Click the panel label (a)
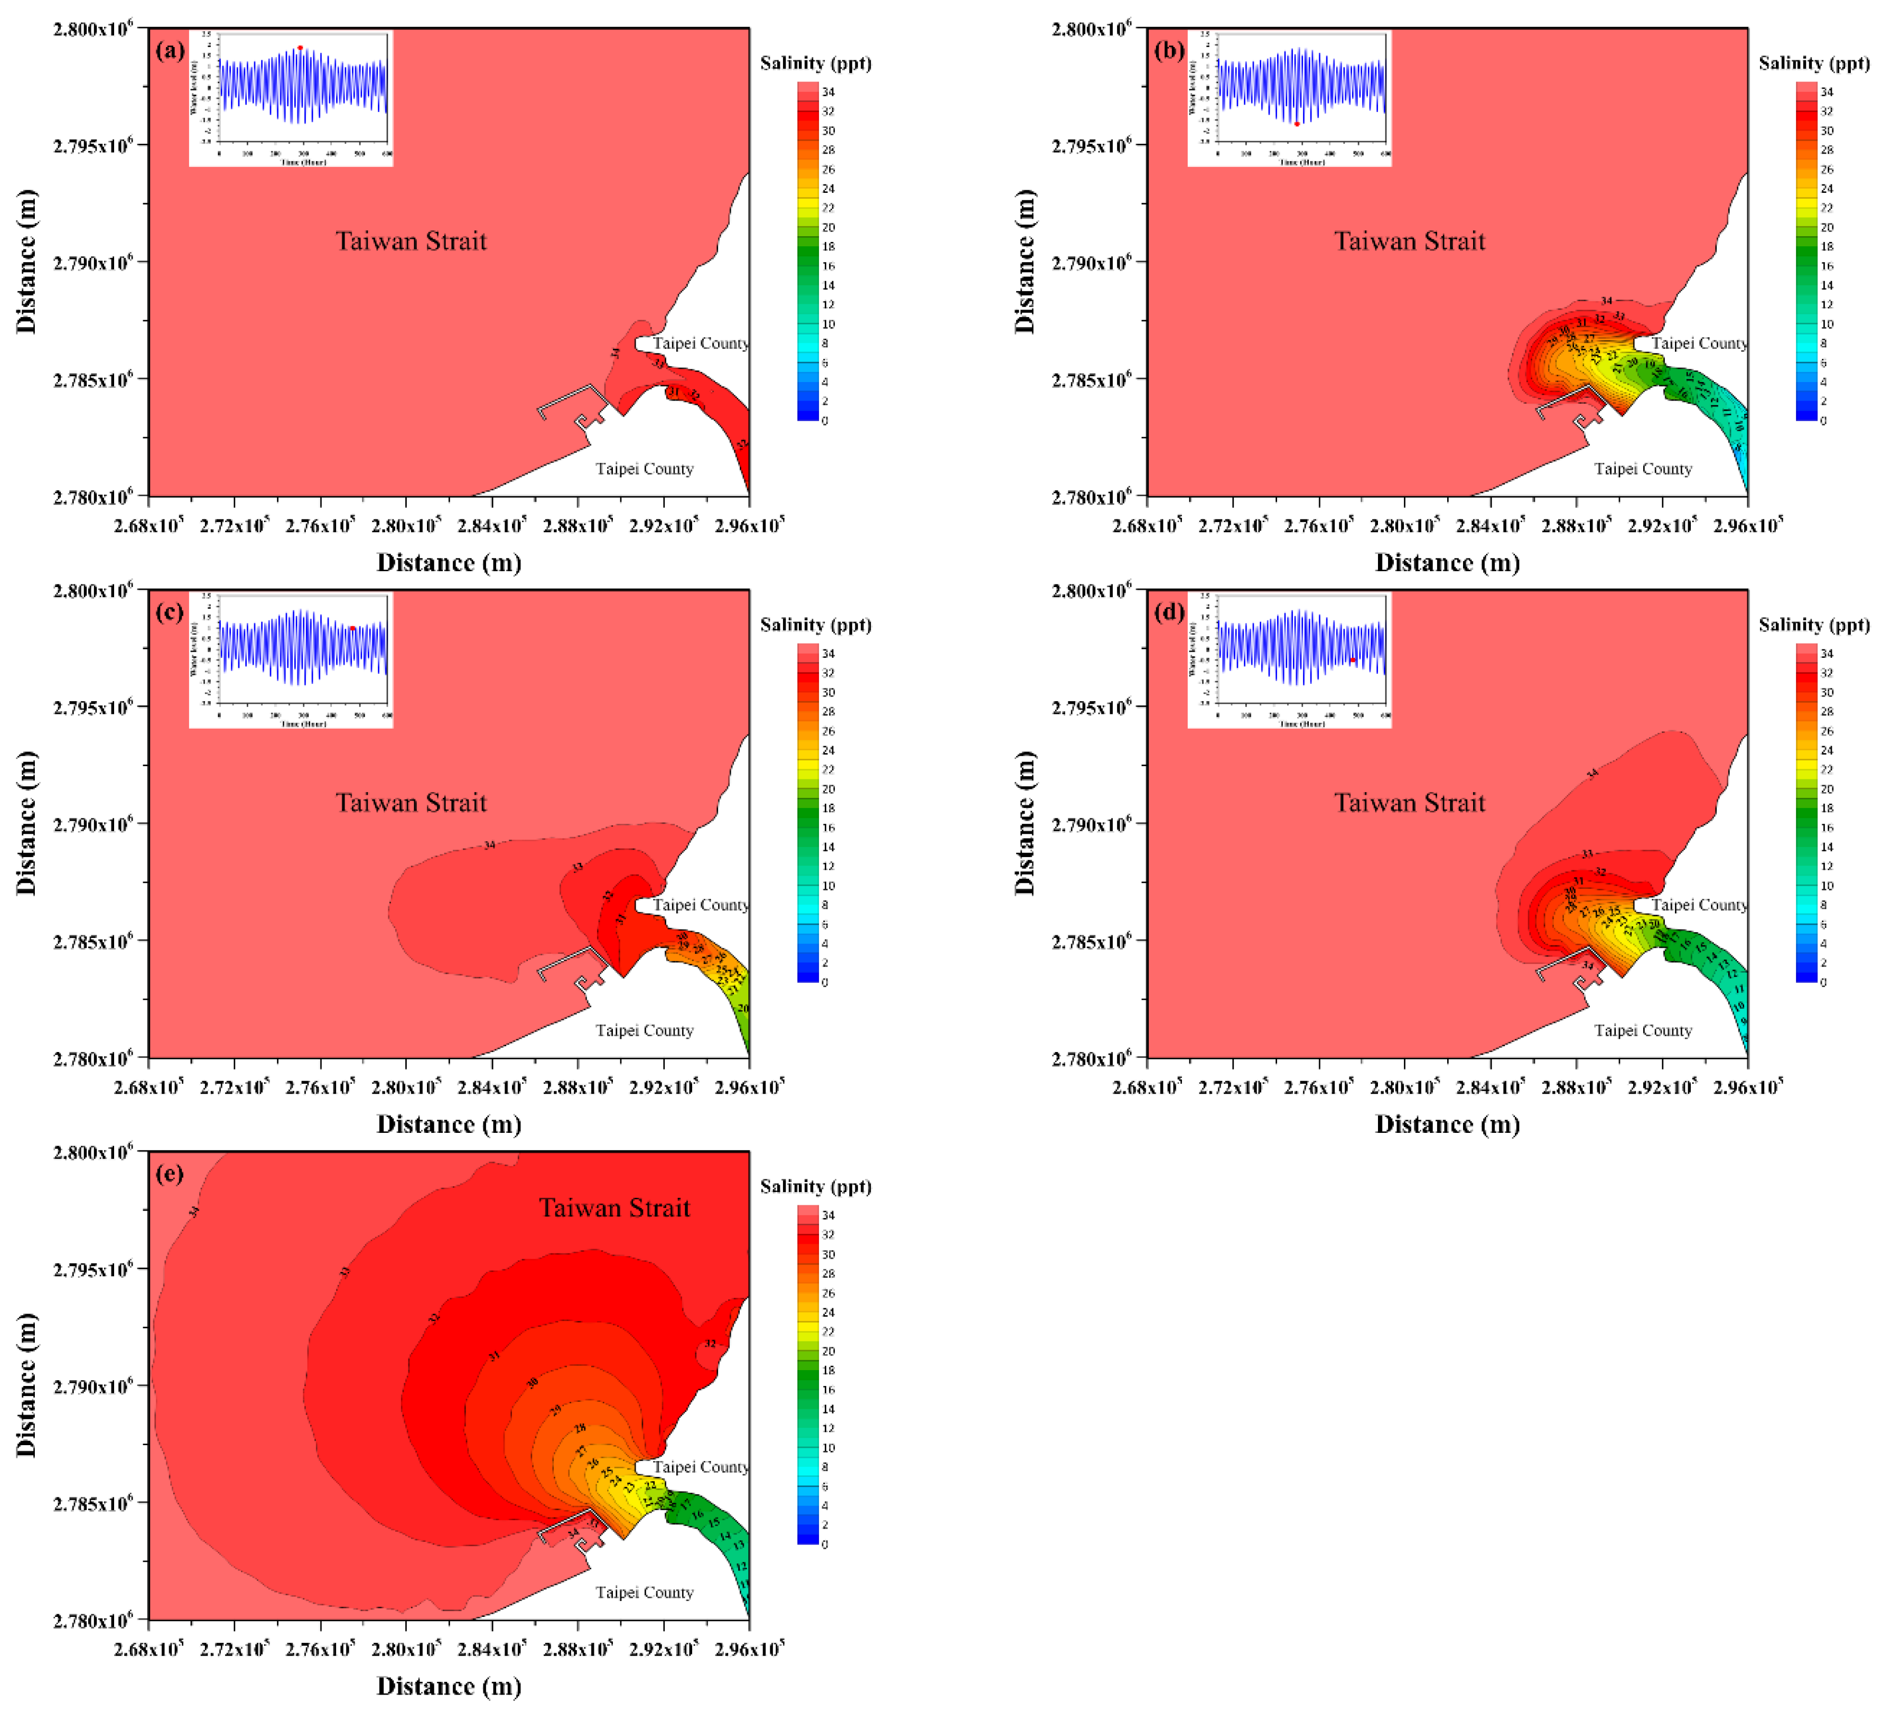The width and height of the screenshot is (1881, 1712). click(170, 50)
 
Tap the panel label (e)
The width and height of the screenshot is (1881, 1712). click(170, 1174)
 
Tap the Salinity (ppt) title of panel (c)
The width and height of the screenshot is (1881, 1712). click(815, 625)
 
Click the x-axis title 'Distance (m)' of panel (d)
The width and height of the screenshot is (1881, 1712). click(1447, 1124)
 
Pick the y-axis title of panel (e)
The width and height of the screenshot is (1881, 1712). click(26, 1384)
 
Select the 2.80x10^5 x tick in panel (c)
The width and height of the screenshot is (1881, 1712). click(406, 1087)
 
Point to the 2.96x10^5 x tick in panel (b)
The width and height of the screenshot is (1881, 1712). click(1747, 525)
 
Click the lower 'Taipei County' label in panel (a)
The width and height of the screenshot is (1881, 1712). click(645, 468)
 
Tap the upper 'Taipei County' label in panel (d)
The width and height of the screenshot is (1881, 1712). click(1698, 905)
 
